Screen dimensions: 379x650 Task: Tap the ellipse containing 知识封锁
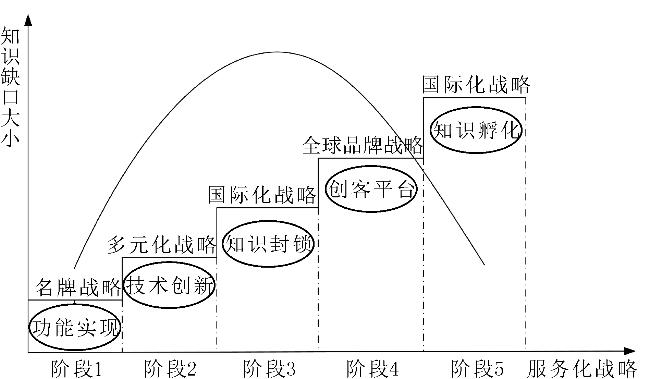[x=268, y=244]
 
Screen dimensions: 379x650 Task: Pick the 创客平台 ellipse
[x=371, y=189]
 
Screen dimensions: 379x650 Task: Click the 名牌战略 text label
[x=78, y=287]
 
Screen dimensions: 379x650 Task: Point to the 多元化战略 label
[x=161, y=245]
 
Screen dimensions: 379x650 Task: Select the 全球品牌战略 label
[x=362, y=146]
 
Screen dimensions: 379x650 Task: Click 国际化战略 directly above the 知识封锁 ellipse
[x=262, y=195]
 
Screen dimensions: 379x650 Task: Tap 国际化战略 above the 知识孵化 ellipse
[x=476, y=85]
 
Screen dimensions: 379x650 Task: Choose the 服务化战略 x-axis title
[x=581, y=369]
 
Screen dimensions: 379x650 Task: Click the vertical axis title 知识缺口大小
[x=11, y=87]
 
